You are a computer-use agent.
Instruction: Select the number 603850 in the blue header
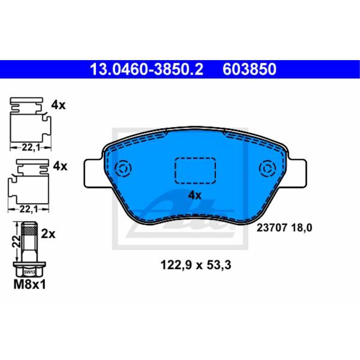click(249, 69)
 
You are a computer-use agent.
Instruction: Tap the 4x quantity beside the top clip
click(58, 105)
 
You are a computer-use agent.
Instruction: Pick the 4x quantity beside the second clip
click(60, 166)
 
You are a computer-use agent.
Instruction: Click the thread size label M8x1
click(30, 285)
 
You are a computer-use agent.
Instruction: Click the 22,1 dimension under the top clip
click(30, 147)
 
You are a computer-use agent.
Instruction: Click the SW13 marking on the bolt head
click(28, 272)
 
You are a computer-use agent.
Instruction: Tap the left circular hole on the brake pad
click(123, 168)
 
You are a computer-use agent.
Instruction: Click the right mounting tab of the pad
click(297, 173)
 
